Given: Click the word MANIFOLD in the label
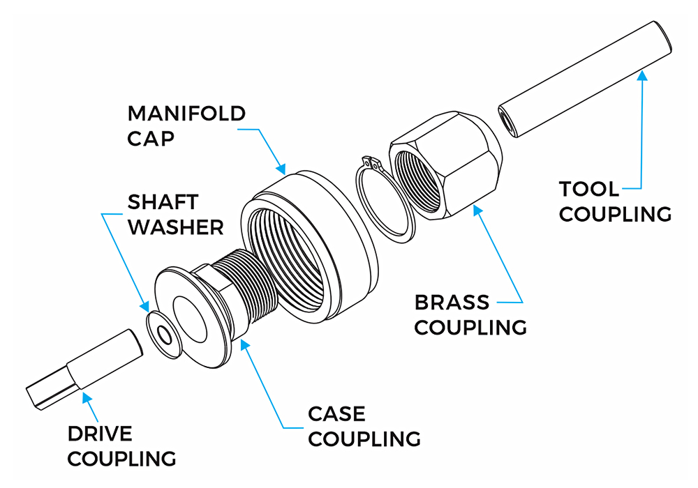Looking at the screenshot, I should click(186, 114).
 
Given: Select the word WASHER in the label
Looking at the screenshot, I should click(175, 227).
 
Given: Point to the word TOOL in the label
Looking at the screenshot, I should click(588, 189).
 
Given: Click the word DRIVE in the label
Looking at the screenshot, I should click(100, 434).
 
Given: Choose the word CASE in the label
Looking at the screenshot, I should click(336, 414).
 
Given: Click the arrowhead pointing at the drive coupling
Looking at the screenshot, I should click(86, 397).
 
